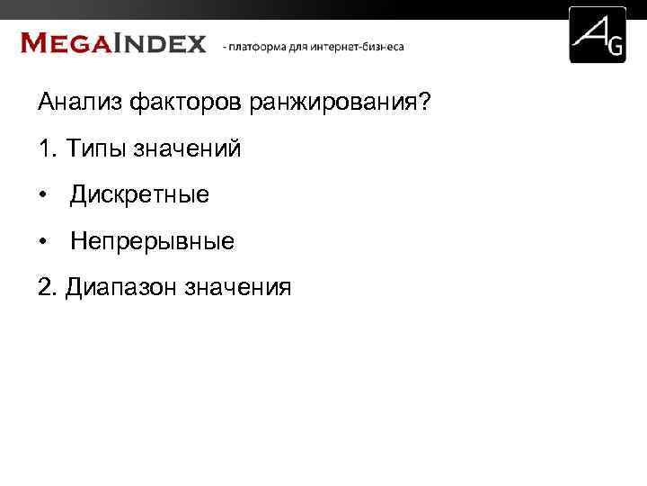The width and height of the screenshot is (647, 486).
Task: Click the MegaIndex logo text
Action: [x=113, y=43]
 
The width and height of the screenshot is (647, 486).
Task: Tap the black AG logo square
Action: [x=598, y=35]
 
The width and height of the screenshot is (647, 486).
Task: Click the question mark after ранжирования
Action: [x=424, y=103]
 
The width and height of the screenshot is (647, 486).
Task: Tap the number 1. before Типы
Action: [x=48, y=148]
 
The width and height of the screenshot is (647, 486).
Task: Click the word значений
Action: [x=188, y=148]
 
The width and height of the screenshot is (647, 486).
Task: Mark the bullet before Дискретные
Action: [x=42, y=195]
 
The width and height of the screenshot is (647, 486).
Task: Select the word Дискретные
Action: [x=139, y=194]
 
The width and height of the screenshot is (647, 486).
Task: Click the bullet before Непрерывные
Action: [x=42, y=242]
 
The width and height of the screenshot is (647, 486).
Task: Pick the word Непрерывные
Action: [x=152, y=241]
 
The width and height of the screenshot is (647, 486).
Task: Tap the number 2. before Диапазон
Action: [x=48, y=287]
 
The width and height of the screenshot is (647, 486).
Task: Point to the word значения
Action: [x=238, y=287]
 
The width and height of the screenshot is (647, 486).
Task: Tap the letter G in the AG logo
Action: [x=615, y=48]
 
